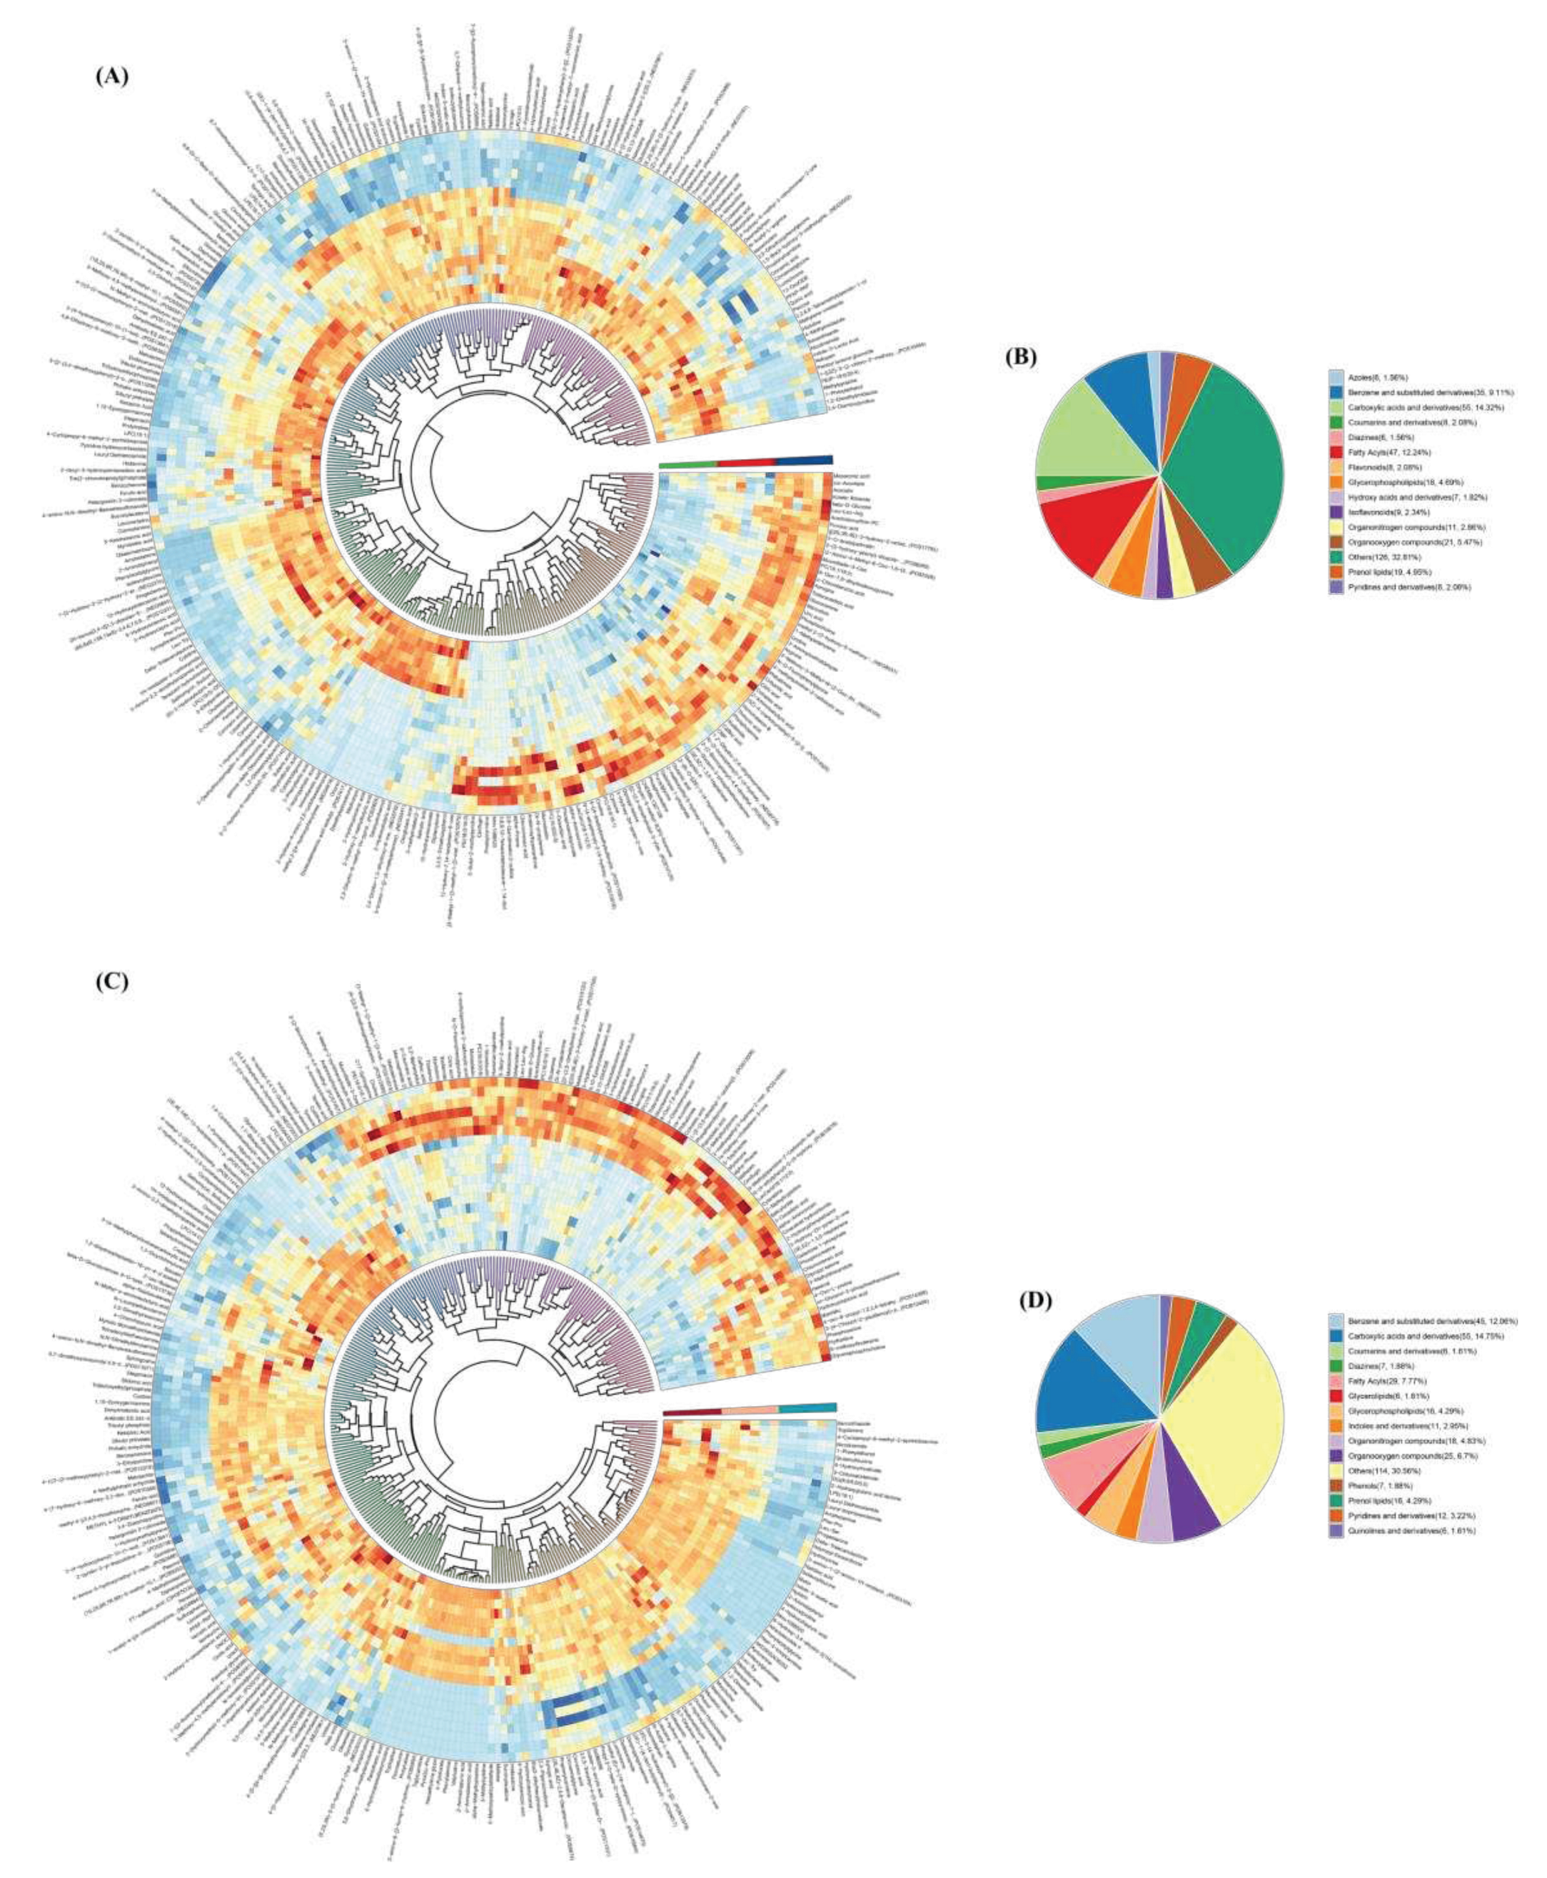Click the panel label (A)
tap(112, 76)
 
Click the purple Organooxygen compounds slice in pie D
tap(1194, 1497)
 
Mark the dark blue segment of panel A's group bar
tap(804, 460)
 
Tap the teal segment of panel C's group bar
tap(807, 1408)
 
